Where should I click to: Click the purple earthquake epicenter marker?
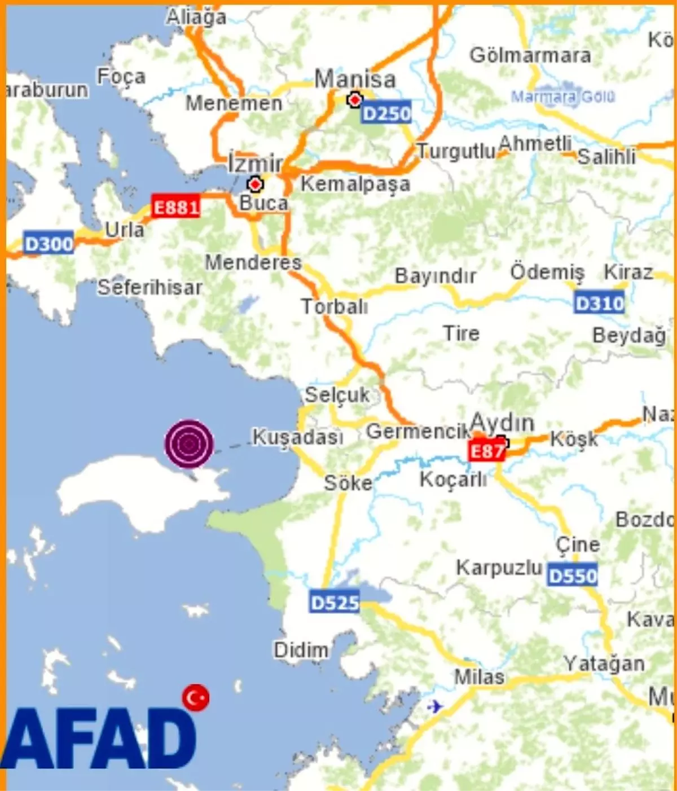[189, 443]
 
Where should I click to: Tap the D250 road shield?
[386, 113]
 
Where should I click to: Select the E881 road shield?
[176, 208]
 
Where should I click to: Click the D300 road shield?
[49, 244]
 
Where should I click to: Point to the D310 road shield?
[599, 304]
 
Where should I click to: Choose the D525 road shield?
[335, 603]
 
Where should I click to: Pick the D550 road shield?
[572, 575]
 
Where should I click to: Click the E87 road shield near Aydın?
[486, 451]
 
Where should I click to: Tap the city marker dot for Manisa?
[355, 100]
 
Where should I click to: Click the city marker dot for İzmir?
[256, 184]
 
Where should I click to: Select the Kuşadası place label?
[297, 436]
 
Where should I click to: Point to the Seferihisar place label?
[150, 287]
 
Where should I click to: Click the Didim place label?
[301, 650]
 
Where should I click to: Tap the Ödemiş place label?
[547, 272]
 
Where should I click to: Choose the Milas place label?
[479, 676]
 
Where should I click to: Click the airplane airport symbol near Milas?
[435, 706]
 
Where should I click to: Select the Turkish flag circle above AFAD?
[196, 698]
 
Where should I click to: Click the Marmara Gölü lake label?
[562, 96]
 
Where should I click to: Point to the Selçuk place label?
[337, 395]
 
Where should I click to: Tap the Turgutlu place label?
[456, 151]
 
